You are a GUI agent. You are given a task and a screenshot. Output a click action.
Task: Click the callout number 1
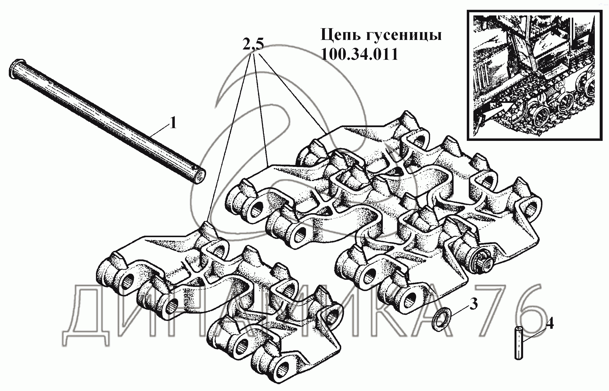pos(173,123)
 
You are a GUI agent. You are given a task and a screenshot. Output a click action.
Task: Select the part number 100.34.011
pos(359,54)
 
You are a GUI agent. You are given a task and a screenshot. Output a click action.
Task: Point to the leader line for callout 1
pos(159,132)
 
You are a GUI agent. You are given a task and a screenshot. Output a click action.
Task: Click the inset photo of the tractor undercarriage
pos(534,75)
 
